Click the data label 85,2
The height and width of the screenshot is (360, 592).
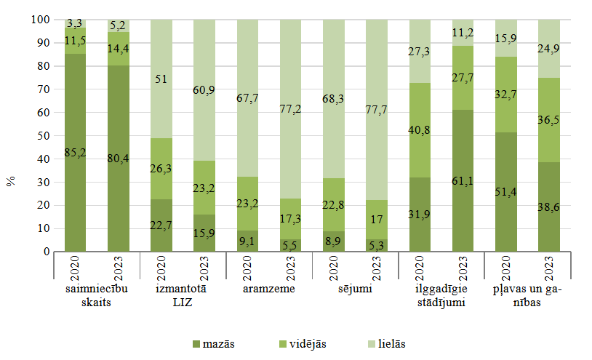click(76, 153)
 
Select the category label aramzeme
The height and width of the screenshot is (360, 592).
click(268, 289)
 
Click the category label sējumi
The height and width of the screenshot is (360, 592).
click(355, 289)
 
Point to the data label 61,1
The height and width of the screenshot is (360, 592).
click(463, 180)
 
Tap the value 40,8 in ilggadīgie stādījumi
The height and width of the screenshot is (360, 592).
click(420, 132)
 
